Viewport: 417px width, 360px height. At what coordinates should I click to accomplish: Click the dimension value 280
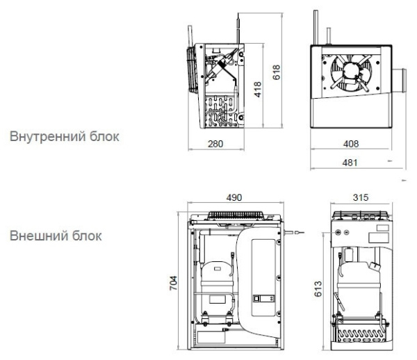coord(215,143)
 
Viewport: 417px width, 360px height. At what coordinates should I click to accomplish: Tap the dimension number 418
coord(256,89)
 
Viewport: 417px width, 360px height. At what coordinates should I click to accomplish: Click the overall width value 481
coord(352,163)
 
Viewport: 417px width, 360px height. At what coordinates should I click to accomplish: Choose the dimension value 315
coord(359,199)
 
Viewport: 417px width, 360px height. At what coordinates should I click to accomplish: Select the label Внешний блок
coord(56,236)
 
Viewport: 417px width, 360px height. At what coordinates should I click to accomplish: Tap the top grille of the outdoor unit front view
coord(235,216)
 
